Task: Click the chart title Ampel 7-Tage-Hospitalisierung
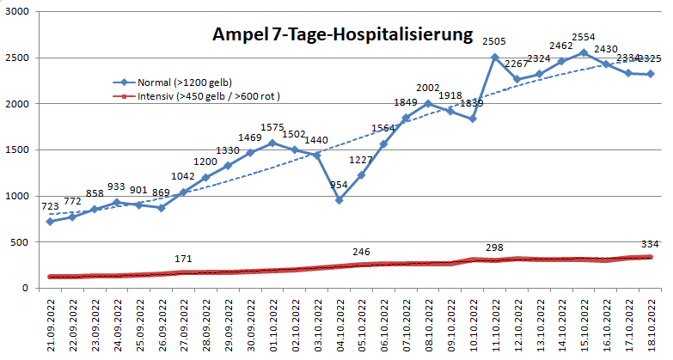342,36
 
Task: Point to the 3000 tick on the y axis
17,13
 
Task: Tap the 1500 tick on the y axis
17,150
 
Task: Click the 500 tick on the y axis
21,242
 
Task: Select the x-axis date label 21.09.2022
51,321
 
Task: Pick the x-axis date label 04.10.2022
340,321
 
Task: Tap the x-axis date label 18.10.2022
651,321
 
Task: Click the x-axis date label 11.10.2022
495,321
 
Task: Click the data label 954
339,185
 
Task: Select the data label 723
51,206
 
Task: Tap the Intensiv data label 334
649,243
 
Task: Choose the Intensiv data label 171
183,259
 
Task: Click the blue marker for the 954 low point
340,200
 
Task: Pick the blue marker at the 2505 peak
495,58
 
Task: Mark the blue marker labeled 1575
272,143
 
